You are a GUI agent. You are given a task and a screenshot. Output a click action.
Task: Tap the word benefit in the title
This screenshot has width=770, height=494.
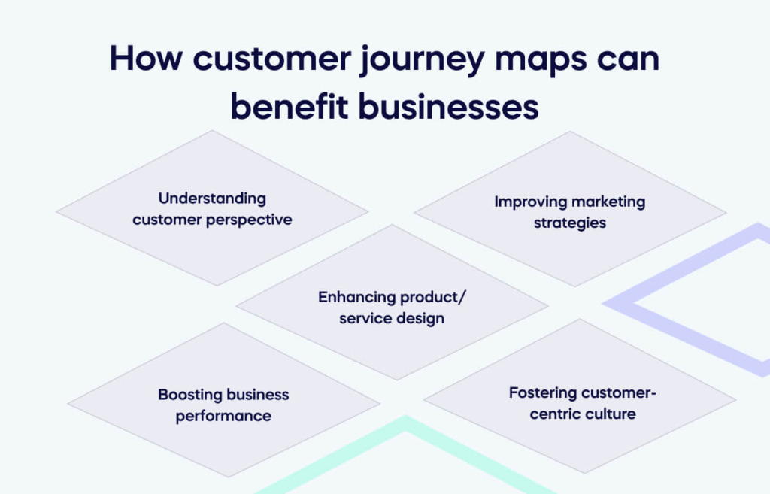click(287, 107)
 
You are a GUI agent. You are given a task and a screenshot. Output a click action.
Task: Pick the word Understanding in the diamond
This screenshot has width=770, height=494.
click(212, 199)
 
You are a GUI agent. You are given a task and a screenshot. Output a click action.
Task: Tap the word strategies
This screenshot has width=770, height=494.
click(570, 223)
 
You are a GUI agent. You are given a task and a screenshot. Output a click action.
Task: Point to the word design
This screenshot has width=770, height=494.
click(422, 318)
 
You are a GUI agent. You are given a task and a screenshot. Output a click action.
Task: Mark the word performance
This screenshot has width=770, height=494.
click(223, 416)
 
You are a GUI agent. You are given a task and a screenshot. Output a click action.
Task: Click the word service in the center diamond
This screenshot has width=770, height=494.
click(364, 318)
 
